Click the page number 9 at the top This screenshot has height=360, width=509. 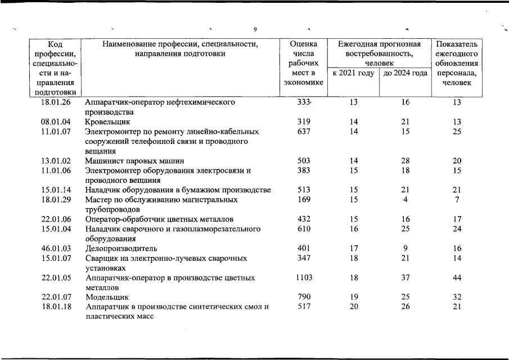click(255, 29)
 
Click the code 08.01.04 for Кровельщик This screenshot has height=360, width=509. click(56, 121)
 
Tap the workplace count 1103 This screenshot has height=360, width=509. click(304, 278)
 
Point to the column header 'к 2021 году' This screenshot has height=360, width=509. click(353, 73)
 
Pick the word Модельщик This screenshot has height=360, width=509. click(107, 297)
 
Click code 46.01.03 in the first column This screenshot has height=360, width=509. click(56, 248)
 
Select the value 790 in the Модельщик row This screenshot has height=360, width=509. click(304, 296)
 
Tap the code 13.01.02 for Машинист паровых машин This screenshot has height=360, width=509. click(56, 161)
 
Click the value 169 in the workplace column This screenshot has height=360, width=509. click(304, 200)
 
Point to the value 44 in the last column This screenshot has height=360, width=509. click(457, 278)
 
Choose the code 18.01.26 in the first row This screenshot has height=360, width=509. click(56, 102)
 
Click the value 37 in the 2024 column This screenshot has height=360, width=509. click(405, 278)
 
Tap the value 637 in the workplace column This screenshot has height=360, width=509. click(304, 132)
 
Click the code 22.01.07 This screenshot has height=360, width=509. click(56, 296)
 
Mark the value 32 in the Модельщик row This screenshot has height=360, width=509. click(457, 296)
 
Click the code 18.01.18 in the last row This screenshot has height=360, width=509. click(56, 307)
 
